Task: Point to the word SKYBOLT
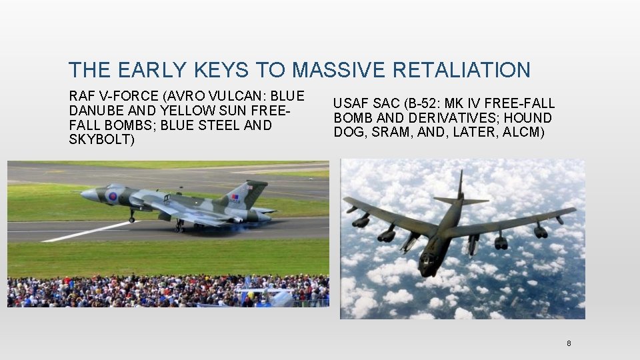tap(100, 140)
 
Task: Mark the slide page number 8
tap(569, 343)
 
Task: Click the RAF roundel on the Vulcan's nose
tap(113, 197)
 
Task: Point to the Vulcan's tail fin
tap(243, 193)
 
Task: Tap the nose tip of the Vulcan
tap(82, 194)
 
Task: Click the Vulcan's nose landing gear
tap(131, 216)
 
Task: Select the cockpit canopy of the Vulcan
tap(115, 187)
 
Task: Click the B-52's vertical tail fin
tap(460, 187)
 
